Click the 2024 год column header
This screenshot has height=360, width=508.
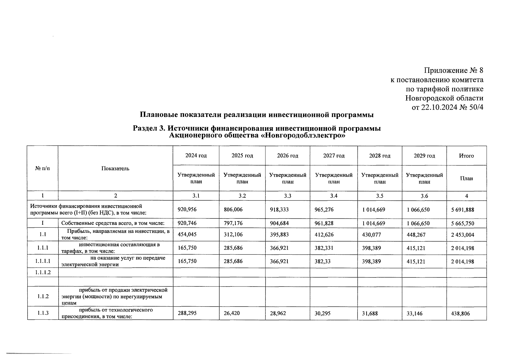coord(196,156)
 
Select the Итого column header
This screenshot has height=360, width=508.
coord(466,156)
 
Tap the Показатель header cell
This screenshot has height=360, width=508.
coord(115,169)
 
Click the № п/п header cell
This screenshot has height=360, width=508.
coord(42,169)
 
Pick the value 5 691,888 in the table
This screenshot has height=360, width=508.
coord(462,210)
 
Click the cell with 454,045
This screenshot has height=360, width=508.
coord(187,235)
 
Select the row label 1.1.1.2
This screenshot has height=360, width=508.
coord(42,272)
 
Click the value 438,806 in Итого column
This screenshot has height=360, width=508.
coord(460,313)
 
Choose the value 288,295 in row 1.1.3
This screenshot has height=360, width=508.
coord(187,313)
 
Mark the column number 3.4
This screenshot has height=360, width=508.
coord(334,196)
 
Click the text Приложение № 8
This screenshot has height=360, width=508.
coord(453,70)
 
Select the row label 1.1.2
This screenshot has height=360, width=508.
coord(42,296)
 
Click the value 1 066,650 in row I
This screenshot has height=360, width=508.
coord(418,223)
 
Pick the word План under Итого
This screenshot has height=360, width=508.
coord(466,178)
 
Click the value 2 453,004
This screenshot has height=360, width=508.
coord(462,235)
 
